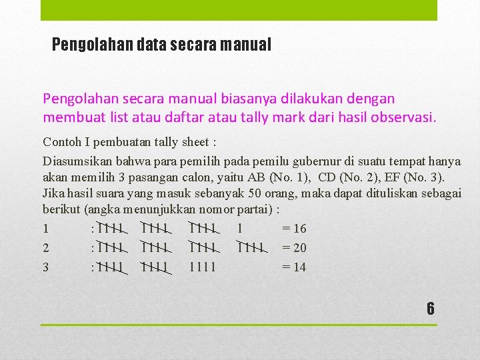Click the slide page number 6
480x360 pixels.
coord(430,309)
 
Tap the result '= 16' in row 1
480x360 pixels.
coord(294,229)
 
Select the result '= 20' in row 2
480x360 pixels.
coord(294,248)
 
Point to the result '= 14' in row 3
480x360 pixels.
coord(294,267)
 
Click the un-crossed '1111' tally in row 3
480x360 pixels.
coord(202,267)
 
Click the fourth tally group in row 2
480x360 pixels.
coord(251,248)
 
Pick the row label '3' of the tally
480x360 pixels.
coord(45,267)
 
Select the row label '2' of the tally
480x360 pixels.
coord(45,248)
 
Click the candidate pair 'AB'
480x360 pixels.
coord(255,177)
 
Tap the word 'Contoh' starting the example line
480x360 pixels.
coord(61,142)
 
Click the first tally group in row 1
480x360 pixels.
coord(109,229)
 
